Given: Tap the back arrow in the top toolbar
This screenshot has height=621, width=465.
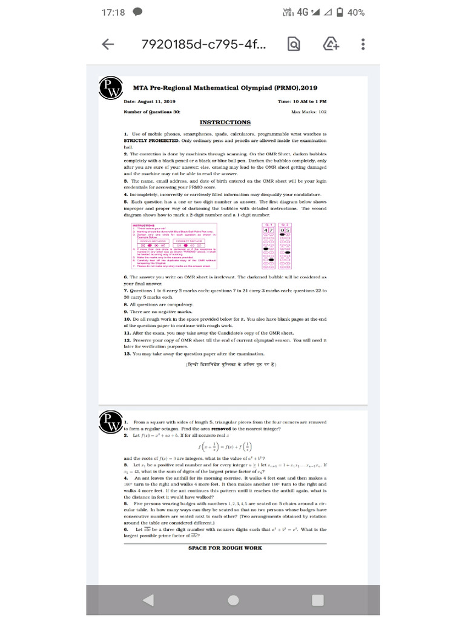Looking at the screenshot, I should point(108,44).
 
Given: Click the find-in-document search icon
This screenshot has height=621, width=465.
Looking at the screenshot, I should point(293,44).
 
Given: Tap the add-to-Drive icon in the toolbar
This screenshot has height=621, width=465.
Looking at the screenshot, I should point(331,44).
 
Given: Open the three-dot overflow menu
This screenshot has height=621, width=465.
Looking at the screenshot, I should point(363,44).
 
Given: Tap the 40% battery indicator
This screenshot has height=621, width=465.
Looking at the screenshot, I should point(349,12).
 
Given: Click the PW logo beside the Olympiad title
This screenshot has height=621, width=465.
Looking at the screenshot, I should point(110,89).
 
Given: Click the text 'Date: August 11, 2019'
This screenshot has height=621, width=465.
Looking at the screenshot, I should point(150,101).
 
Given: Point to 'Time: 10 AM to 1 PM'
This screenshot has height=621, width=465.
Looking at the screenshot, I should point(302,101).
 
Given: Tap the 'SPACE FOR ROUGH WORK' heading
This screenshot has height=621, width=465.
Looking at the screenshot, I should point(225,548).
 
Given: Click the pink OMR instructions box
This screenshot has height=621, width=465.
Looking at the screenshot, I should point(176,246).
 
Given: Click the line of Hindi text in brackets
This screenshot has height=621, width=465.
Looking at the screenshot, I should point(231,364).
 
